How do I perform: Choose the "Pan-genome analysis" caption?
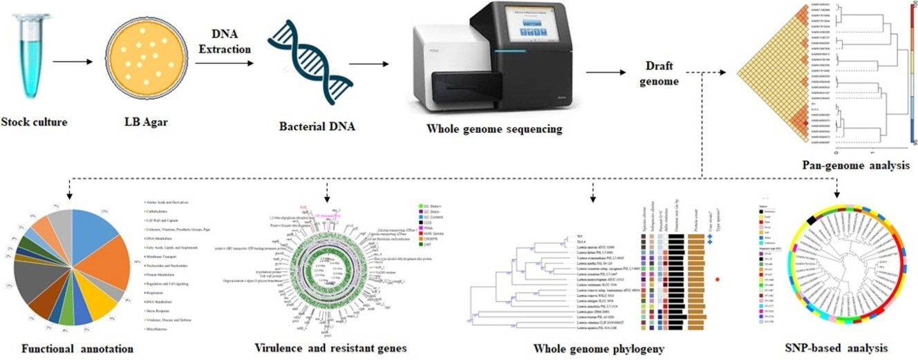(x=855, y=166)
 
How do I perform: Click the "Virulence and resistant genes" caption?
(x=327, y=348)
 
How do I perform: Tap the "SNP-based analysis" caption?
(x=838, y=348)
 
